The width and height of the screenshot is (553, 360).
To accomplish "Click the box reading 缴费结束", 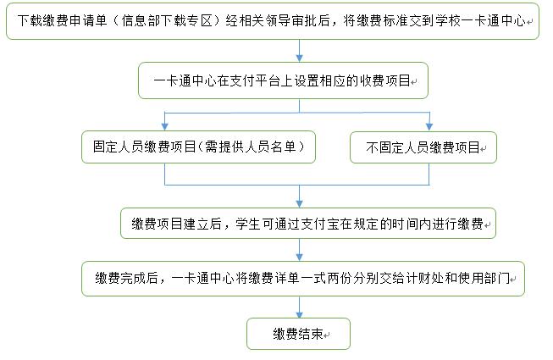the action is click(x=298, y=334).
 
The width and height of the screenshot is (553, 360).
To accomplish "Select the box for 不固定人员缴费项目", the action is click(x=423, y=147).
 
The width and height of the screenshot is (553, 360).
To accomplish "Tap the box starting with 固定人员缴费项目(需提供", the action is click(x=198, y=147).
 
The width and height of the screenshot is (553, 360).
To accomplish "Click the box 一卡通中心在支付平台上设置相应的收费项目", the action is click(x=283, y=80).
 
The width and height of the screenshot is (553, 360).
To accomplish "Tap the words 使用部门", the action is click(x=484, y=278).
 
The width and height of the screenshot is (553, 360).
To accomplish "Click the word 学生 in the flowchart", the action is click(x=248, y=224).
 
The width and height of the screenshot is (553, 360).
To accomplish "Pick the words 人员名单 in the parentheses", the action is click(x=270, y=147).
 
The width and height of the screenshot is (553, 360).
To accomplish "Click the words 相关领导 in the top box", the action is click(x=264, y=20).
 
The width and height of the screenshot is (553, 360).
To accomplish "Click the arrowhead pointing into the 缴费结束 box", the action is click(x=300, y=314).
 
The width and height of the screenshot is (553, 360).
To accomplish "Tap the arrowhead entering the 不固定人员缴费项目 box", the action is click(x=429, y=126).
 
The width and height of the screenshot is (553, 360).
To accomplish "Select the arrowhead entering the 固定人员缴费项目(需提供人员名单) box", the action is click(x=164, y=126).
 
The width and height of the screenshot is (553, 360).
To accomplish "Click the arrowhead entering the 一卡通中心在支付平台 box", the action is click(x=300, y=58).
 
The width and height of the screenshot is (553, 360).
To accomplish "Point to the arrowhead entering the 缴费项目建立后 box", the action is click(x=300, y=204).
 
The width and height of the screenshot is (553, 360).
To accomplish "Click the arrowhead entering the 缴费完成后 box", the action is click(x=300, y=258).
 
